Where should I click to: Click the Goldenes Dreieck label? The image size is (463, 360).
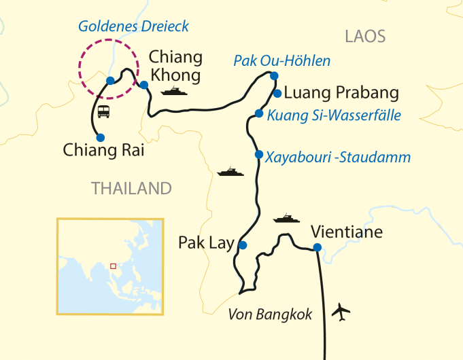133,26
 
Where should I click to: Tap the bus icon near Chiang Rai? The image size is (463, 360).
104,111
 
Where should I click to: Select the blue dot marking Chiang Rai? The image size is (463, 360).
101,137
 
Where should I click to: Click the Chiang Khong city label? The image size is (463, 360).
175,65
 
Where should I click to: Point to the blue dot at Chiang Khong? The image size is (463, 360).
144,85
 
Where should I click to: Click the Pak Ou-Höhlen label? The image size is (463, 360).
281,61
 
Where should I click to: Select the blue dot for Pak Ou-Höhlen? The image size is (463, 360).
275,75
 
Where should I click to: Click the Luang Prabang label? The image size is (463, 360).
341,92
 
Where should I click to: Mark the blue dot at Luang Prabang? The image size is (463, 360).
277,93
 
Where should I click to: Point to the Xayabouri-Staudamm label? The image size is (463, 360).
339,158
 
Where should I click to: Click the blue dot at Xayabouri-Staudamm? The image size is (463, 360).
258,154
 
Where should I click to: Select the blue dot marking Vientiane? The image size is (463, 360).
317,247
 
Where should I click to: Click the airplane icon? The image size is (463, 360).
341,313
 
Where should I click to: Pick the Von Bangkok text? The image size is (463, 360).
270,314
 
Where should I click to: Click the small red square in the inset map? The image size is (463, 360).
113,266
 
